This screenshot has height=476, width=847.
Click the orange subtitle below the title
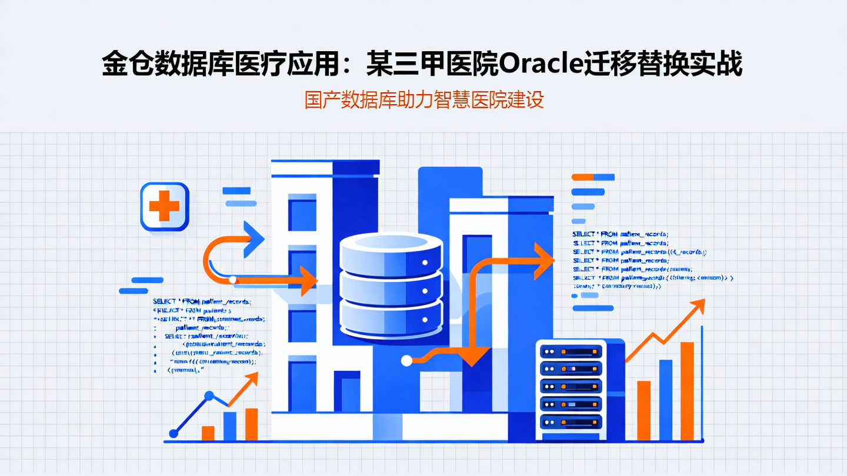tap(423, 100)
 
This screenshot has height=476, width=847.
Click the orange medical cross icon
tap(164, 206)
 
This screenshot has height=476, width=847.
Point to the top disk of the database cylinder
tap(391, 252)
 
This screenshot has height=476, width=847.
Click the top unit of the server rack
tap(571, 351)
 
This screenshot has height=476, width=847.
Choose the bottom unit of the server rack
tap(571, 421)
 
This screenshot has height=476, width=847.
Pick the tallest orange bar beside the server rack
tap(687, 390)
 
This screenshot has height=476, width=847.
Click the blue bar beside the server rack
tap(666, 400)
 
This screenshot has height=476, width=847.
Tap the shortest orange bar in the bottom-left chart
tap(208, 433)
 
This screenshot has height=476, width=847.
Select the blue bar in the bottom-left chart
tap(229, 426)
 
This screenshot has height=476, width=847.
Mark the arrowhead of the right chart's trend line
tap(698, 305)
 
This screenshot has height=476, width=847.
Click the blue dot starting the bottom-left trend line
tap(174, 434)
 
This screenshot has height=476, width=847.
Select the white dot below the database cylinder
tap(405, 361)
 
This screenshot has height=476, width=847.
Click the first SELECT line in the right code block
tap(620, 234)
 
